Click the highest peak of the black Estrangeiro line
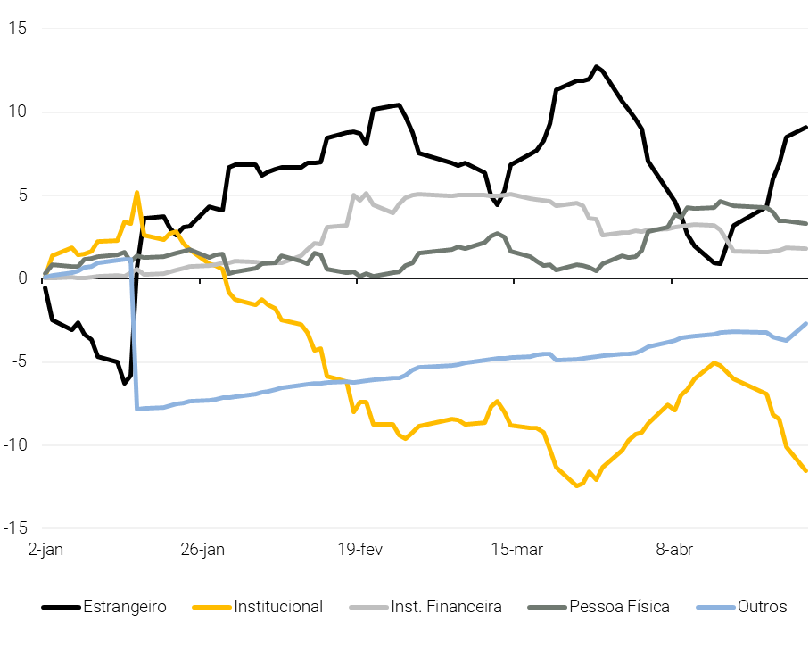(x=597, y=67)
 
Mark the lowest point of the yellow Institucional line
(x=576, y=485)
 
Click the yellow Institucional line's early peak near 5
(x=136, y=192)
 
